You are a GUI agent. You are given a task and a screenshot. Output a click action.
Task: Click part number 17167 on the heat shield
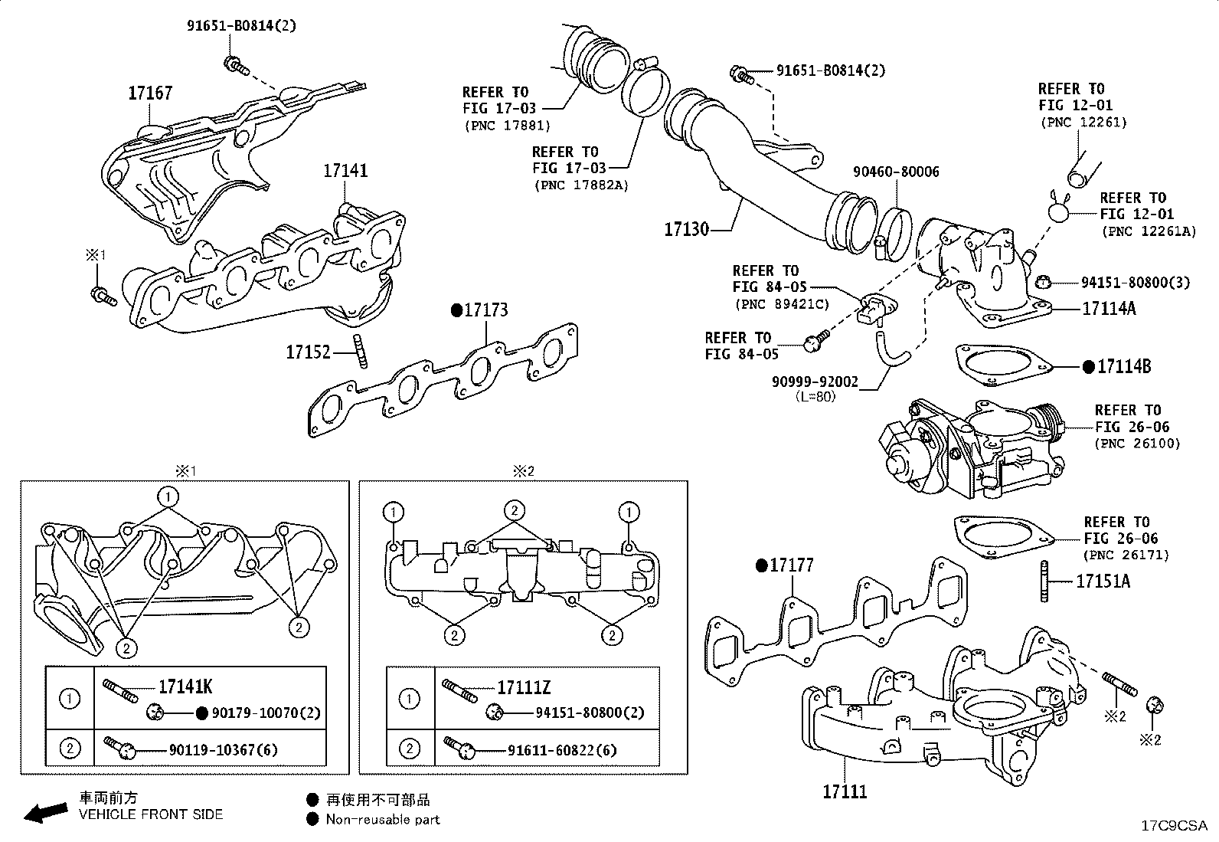150,93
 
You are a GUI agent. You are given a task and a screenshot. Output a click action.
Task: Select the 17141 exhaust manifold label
345,170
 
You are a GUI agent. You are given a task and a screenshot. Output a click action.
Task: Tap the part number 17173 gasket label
485,310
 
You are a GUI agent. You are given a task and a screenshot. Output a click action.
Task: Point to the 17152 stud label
308,352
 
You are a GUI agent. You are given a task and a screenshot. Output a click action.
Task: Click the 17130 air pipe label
686,229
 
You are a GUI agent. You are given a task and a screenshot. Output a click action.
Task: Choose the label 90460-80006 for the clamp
896,172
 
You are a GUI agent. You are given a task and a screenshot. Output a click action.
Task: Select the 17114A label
1108,309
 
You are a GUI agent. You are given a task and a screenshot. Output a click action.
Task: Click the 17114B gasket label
1123,367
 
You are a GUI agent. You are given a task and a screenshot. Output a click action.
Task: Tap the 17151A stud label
1103,582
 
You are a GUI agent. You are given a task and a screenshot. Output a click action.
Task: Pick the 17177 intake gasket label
791,565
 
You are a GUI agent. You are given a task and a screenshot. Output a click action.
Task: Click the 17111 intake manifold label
845,791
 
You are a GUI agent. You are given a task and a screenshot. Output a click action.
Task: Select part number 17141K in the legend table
185,687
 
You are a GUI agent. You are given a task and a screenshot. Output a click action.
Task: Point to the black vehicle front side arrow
45,811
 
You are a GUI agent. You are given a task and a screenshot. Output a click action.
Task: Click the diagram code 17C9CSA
1174,826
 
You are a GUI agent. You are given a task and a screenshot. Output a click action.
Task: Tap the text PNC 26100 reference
1137,444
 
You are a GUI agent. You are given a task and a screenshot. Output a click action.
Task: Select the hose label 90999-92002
815,382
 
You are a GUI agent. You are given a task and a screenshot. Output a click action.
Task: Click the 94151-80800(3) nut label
1135,283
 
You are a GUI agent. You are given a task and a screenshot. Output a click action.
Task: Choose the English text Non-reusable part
382,820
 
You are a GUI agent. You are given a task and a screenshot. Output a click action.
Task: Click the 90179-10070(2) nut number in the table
266,713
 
